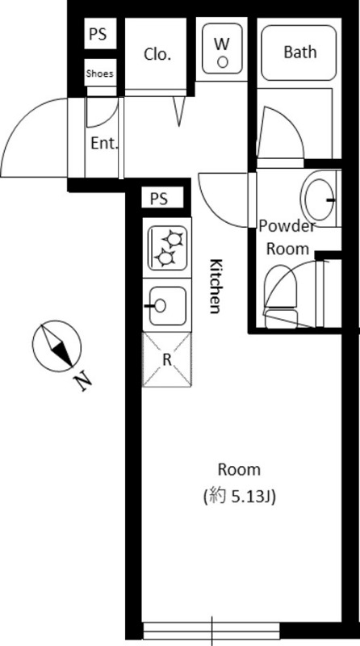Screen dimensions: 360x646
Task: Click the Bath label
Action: click(300, 52)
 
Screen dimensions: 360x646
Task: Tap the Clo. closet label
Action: click(157, 54)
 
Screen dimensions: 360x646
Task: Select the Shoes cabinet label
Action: click(99, 73)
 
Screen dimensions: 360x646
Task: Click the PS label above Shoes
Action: click(98, 34)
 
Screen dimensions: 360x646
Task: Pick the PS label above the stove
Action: click(159, 199)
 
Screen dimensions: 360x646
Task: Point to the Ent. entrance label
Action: click(104, 144)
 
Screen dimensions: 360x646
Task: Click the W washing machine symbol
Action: click(223, 48)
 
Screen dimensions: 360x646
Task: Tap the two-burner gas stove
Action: click(167, 248)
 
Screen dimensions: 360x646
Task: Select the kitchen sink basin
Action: click(167, 305)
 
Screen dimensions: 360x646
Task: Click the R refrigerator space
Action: click(167, 359)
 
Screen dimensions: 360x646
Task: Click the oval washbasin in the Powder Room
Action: click(320, 199)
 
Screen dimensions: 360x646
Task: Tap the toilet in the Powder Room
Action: click(281, 296)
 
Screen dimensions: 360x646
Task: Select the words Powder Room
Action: click(287, 237)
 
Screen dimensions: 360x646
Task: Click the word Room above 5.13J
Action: click(239, 470)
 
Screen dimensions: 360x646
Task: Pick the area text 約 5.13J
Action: click(239, 497)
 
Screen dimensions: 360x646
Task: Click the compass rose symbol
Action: click(57, 346)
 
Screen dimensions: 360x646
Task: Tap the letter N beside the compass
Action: click(84, 381)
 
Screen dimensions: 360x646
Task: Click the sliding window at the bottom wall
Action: click(211, 631)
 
